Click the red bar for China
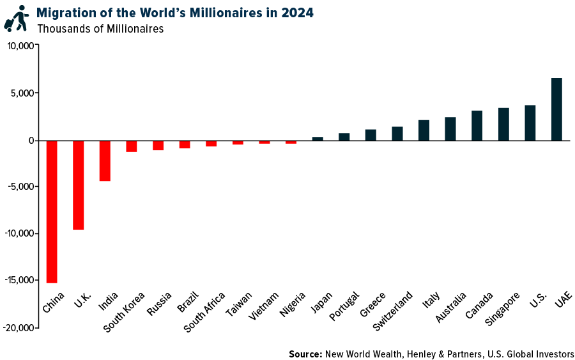(x=52, y=211)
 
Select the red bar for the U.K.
(x=79, y=185)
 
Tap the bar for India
(x=105, y=160)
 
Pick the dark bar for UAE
(x=556, y=109)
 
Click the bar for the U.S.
(x=530, y=123)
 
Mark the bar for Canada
(x=477, y=125)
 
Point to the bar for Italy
(x=424, y=130)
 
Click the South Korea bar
(x=132, y=146)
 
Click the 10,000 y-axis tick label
(x=20, y=46)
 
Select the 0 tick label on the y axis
(x=30, y=140)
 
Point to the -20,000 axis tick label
(x=20, y=327)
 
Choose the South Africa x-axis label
(x=204, y=312)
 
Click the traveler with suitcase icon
(x=16, y=19)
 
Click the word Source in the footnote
(x=305, y=354)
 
